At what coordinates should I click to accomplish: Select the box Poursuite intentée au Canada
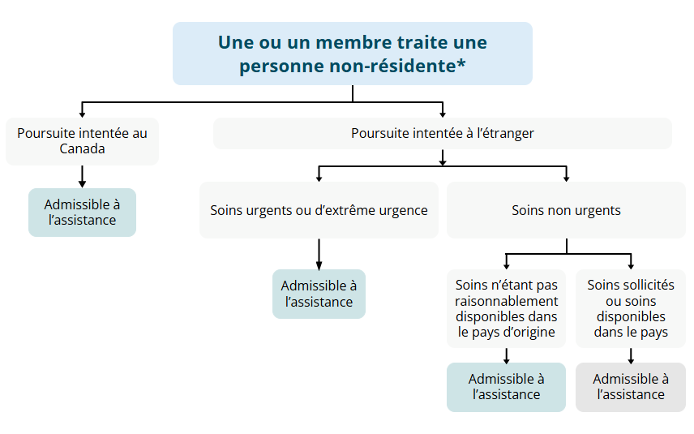click(x=82, y=141)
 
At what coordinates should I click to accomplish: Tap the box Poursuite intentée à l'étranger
click(x=442, y=133)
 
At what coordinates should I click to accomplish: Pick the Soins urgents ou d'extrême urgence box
click(x=319, y=210)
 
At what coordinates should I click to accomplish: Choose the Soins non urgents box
click(x=566, y=210)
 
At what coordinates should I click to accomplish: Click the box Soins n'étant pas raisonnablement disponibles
click(x=507, y=308)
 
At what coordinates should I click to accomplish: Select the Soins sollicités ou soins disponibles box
click(x=631, y=308)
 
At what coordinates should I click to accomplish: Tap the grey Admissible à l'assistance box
click(x=631, y=387)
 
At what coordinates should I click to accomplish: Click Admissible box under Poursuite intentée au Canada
click(x=82, y=213)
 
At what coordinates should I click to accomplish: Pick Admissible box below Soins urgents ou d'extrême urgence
click(x=319, y=294)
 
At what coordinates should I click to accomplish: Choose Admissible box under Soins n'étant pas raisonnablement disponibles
click(x=506, y=387)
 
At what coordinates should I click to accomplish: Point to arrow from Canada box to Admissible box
click(x=82, y=177)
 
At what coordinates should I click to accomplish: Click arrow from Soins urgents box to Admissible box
click(x=319, y=254)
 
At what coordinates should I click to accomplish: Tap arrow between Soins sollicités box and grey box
click(x=631, y=355)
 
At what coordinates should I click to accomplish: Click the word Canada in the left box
click(x=82, y=149)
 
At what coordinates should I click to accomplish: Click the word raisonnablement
click(x=507, y=301)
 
